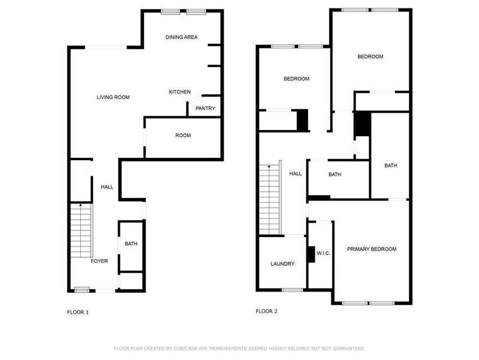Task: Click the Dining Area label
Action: pos(182,37)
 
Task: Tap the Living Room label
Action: pos(113,97)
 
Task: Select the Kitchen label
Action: pos(180,92)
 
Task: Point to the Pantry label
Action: pos(205,109)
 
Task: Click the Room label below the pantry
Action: pos(183,136)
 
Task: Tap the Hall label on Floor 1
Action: pos(107,187)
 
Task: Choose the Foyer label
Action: pos(100,262)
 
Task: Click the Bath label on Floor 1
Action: pos(131,244)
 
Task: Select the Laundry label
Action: pos(282,264)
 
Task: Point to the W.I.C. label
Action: pos(323,253)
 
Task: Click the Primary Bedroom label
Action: pos(372,249)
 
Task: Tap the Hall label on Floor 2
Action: pos(296,174)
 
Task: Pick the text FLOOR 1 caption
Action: pos(78,312)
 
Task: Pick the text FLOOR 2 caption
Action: pos(267,311)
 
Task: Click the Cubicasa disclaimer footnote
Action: pos(239,349)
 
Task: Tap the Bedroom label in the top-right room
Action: pos(370,57)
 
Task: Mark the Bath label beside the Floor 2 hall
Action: pos(335,175)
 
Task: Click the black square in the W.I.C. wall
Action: pos(311,254)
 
